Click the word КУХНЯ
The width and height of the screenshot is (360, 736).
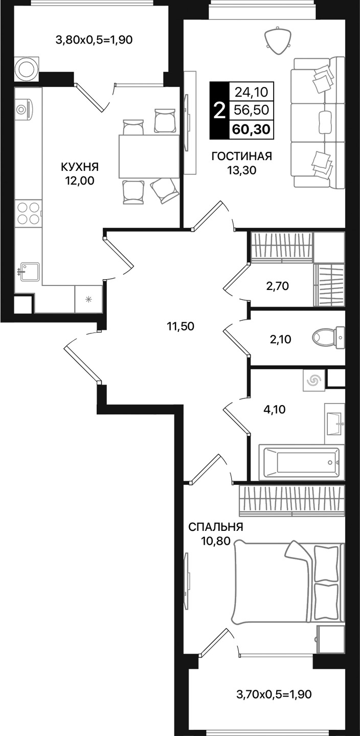[x=79, y=167]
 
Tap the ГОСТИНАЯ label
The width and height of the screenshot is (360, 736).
[x=241, y=157]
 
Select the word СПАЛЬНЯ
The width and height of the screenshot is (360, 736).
[x=215, y=527]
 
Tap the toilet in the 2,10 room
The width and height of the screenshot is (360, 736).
[x=329, y=337]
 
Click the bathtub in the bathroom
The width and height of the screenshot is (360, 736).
[x=300, y=462]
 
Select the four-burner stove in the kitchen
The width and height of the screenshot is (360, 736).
[x=28, y=213]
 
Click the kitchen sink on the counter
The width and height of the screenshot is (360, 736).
[x=30, y=272]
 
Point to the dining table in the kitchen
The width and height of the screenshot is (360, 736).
[x=149, y=155]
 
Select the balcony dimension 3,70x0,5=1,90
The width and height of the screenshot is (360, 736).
[x=274, y=694]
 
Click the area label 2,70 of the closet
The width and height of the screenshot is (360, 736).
[x=277, y=286]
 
